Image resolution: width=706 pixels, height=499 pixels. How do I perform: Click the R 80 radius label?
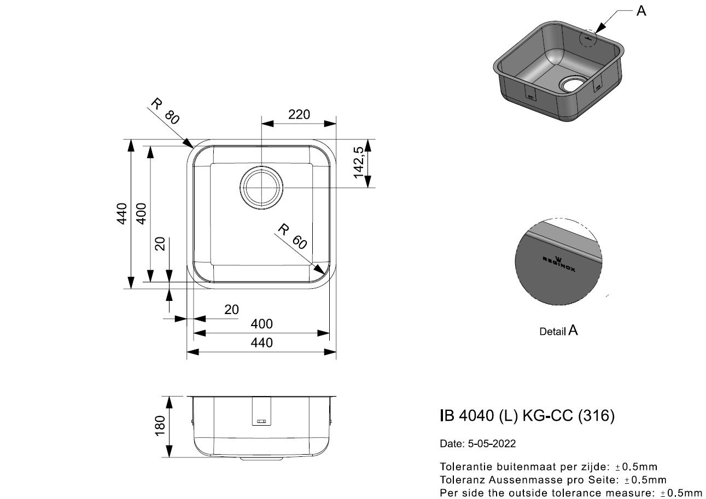pyautogui.click(x=165, y=111)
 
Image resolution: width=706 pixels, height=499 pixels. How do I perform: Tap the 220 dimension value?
pyautogui.click(x=299, y=114)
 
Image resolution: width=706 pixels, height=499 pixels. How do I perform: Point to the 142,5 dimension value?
pyautogui.click(x=359, y=163)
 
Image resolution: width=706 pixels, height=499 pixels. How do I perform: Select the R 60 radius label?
pyautogui.click(x=292, y=236)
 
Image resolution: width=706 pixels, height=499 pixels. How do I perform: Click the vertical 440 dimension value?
pyautogui.click(x=122, y=213)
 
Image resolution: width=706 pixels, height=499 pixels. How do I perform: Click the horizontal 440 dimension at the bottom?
pyautogui.click(x=261, y=343)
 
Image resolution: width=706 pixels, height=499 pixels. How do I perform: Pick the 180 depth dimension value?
pyautogui.click(x=160, y=426)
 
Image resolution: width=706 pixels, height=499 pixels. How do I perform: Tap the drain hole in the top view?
pyautogui.click(x=261, y=188)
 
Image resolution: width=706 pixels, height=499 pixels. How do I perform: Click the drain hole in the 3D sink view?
pyautogui.click(x=573, y=84)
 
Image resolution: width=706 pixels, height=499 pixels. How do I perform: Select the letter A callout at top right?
pyautogui.click(x=641, y=11)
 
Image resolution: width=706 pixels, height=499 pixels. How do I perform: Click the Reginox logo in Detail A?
pyautogui.click(x=559, y=264)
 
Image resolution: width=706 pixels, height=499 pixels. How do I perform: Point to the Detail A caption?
pyautogui.click(x=558, y=331)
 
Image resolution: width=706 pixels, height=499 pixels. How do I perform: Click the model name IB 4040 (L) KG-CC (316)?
pyautogui.click(x=527, y=415)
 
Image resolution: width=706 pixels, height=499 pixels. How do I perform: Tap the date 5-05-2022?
pyautogui.click(x=492, y=444)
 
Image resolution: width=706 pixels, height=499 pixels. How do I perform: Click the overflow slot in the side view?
pyautogui.click(x=261, y=421)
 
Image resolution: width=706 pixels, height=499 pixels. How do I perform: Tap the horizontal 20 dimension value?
pyautogui.click(x=231, y=310)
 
